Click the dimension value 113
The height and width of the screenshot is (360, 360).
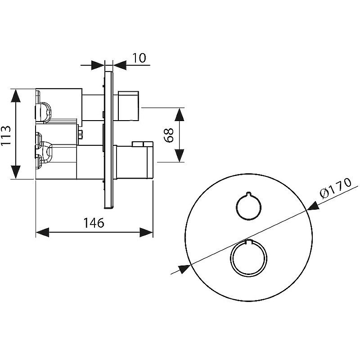point(6,135)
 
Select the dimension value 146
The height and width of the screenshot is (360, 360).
point(94,222)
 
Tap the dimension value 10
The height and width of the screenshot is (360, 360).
point(139,58)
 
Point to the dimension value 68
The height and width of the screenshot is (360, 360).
point(169,135)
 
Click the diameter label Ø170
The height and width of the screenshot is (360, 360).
point(336,188)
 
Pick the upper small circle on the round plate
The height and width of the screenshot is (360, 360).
point(248,206)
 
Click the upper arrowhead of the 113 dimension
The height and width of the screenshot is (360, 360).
point(16,96)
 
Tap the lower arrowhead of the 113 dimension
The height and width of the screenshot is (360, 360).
point(16,172)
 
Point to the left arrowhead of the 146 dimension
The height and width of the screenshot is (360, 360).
point(43,232)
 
